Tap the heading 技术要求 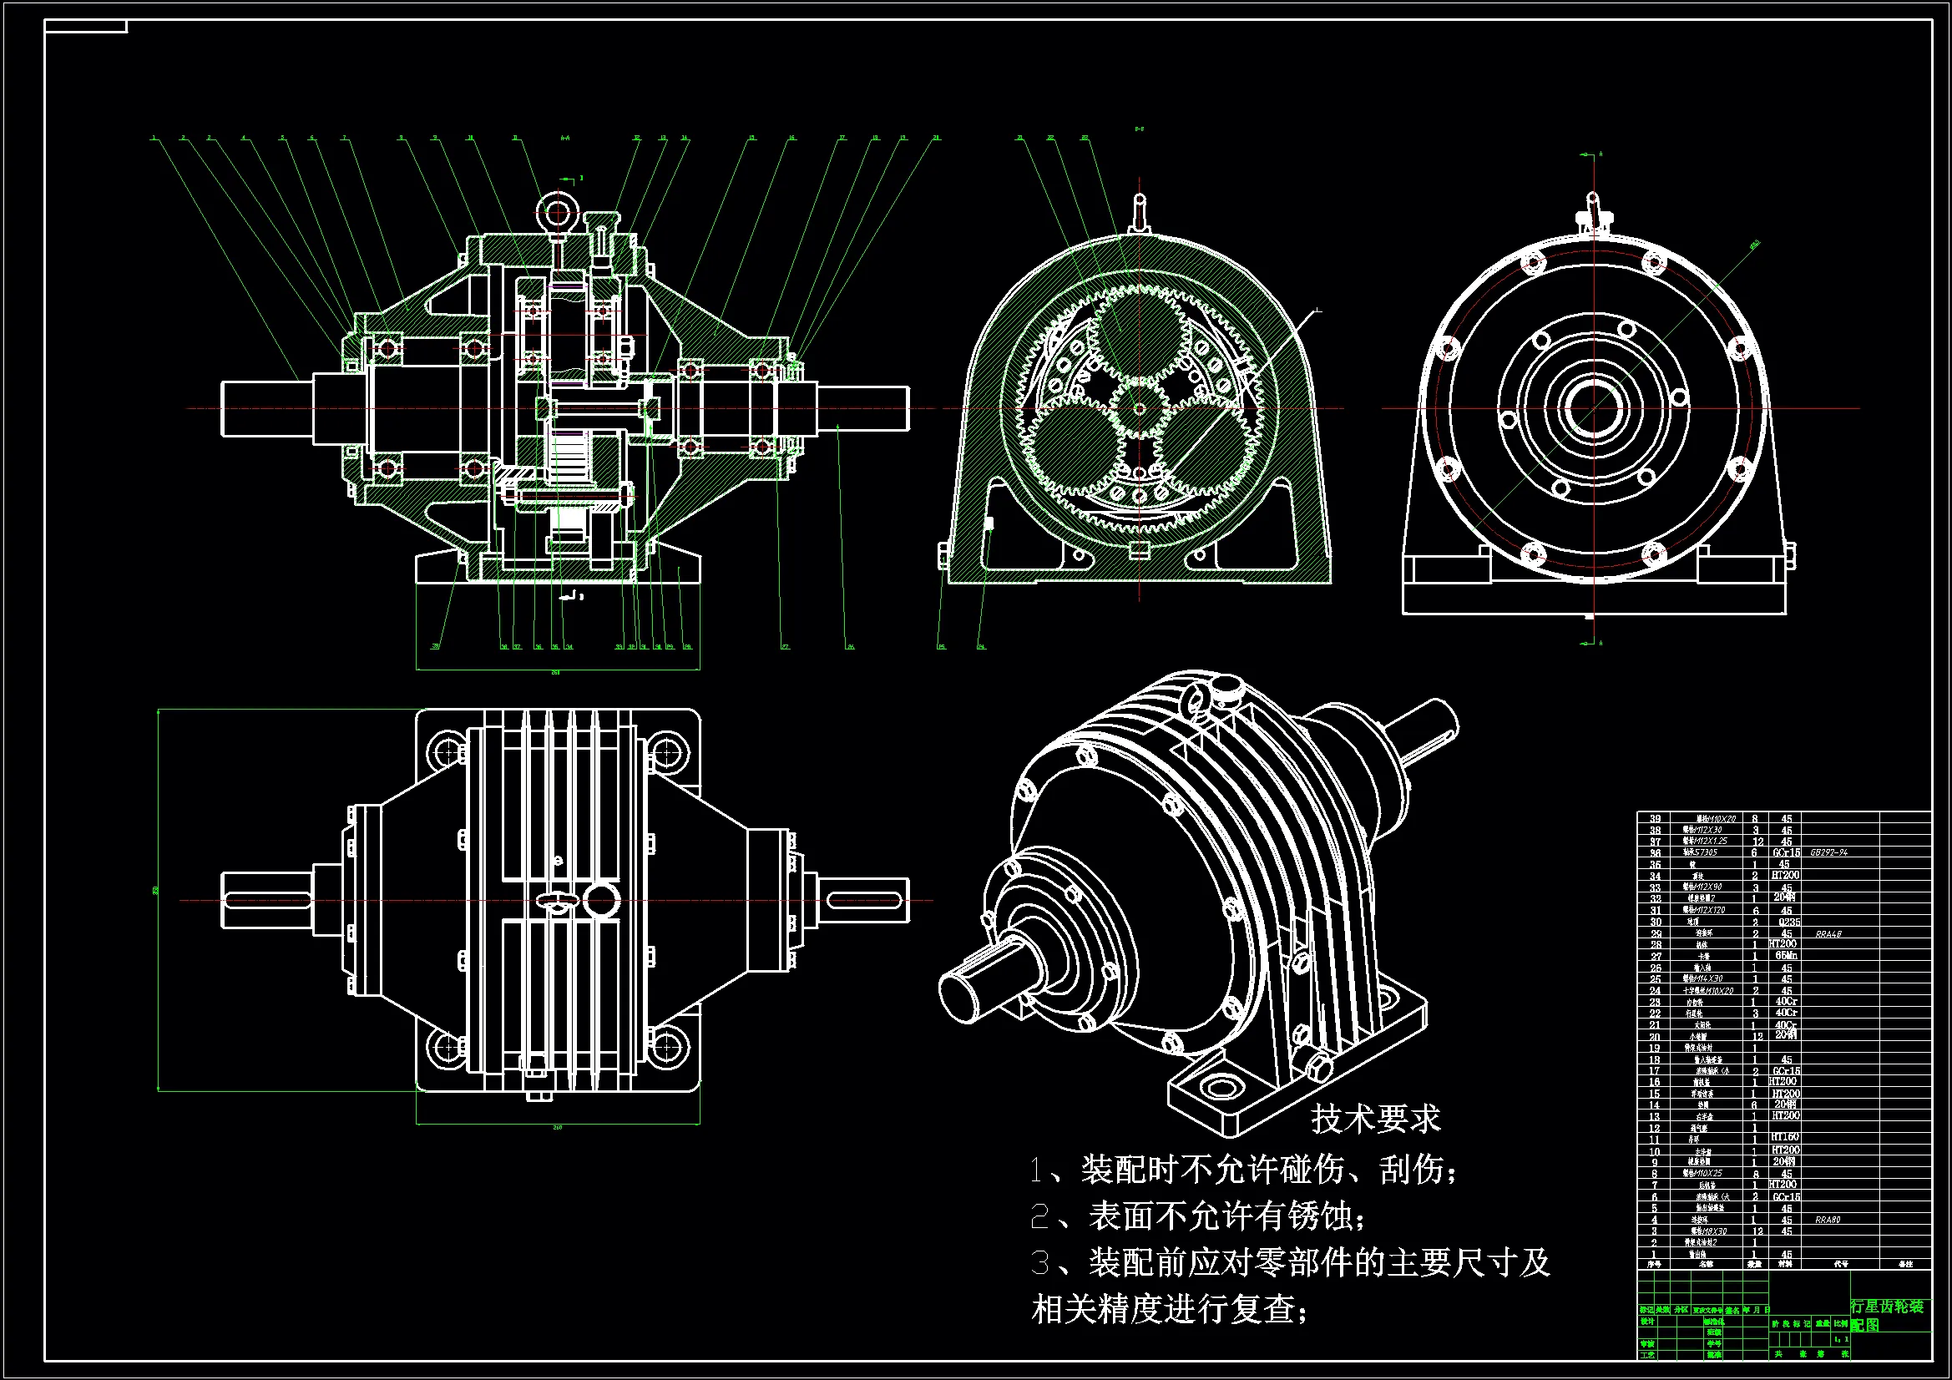(x=1375, y=1119)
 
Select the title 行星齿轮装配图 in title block (x=1887, y=1315)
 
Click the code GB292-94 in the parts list (x=1828, y=852)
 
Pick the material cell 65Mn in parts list (x=1785, y=956)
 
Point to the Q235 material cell (x=1788, y=922)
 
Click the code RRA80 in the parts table (x=1827, y=1220)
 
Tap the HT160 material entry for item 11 (x=1784, y=1137)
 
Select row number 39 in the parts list (x=1655, y=819)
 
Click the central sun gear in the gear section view (x=1140, y=409)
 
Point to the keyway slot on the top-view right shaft (x=863, y=901)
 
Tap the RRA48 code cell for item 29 (x=1828, y=933)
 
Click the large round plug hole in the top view (x=602, y=900)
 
